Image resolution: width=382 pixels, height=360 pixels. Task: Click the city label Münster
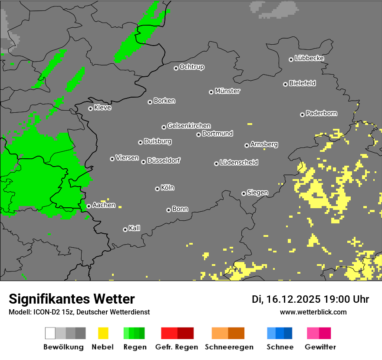click(227, 91)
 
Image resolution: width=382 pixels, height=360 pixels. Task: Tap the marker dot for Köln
click(157, 189)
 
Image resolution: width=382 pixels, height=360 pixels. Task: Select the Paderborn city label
click(321, 114)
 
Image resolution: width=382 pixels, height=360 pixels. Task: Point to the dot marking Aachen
click(89, 206)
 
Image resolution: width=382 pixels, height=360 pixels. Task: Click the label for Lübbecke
click(309, 58)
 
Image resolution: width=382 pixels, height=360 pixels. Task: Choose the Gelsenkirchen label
click(189, 126)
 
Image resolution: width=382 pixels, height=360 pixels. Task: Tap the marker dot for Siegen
click(244, 193)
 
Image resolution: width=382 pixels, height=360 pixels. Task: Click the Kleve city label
click(102, 108)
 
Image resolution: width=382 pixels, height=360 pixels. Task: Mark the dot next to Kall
click(125, 229)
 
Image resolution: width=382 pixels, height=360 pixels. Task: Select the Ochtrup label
click(191, 67)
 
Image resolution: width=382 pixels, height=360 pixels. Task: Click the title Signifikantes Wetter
click(72, 299)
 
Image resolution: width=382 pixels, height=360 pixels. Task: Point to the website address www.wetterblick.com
click(313, 312)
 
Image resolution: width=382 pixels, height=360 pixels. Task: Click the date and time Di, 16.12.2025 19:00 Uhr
click(310, 299)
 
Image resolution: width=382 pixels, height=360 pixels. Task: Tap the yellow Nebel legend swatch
click(103, 333)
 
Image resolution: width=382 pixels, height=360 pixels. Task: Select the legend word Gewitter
click(320, 347)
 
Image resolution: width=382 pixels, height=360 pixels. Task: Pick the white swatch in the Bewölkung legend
click(50, 333)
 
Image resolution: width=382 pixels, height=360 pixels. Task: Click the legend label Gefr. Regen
click(176, 347)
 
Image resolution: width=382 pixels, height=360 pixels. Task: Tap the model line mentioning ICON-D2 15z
click(79, 312)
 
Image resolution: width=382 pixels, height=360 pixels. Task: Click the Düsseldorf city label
click(163, 160)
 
